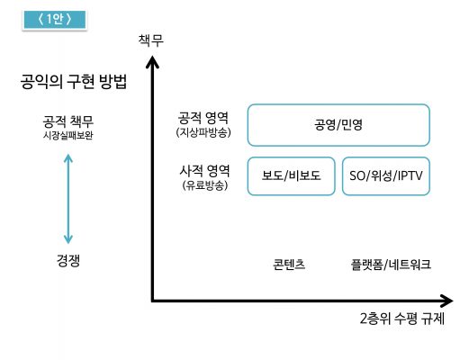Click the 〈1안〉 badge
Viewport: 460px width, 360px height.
pos(55,20)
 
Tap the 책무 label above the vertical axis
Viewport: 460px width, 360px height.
pos(151,40)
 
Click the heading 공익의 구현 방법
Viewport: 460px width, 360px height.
pos(74,81)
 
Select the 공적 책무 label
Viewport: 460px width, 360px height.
pos(68,121)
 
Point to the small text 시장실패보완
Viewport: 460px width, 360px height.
pos(68,135)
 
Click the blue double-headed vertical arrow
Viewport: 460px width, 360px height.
pos(68,199)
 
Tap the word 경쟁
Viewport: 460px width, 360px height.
pos(68,260)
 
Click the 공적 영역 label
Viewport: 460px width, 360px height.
pos(203,118)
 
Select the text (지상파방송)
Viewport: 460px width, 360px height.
pos(203,132)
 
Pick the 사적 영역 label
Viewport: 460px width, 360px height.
pos(204,171)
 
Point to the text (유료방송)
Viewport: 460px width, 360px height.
pos(205,185)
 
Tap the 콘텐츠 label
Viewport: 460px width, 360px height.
pos(289,265)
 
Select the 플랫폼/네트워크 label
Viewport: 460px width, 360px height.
pos(391,265)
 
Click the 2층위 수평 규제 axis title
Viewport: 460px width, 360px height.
pos(402,319)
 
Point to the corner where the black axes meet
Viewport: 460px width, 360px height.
pos(153,301)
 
